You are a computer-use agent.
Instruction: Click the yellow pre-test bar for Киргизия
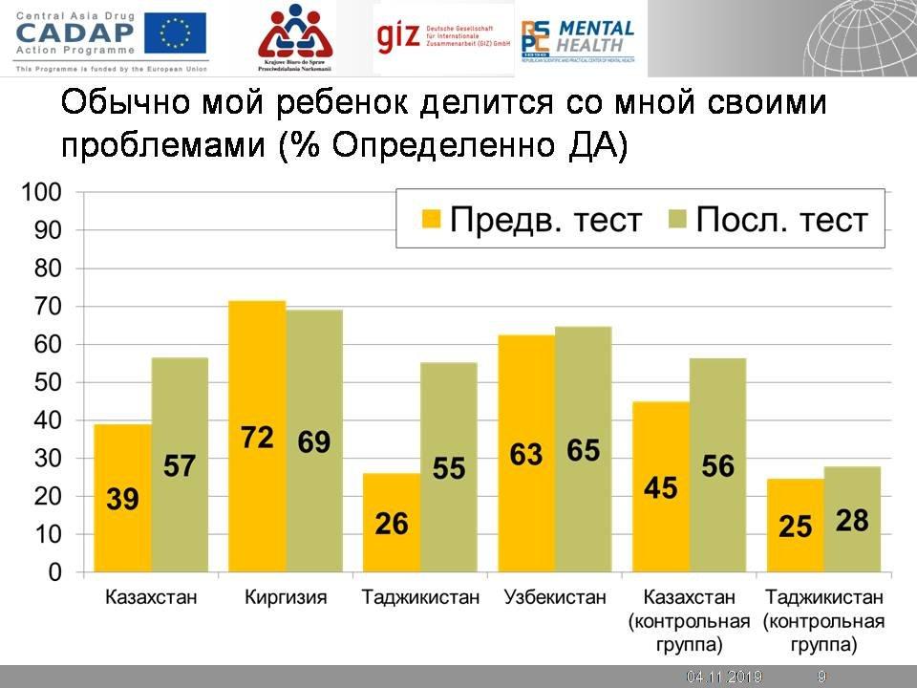pos(257,382)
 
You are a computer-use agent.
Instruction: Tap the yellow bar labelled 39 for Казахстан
pos(122,449)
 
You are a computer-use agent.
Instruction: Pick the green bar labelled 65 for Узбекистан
pos(583,401)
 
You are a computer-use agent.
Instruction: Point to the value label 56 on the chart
pos(717,464)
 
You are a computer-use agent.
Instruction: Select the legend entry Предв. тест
pos(531,220)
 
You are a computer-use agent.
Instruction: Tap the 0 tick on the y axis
pos(54,573)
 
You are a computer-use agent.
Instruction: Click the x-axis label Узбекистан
pos(555,599)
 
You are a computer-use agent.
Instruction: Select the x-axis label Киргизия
pos(286,599)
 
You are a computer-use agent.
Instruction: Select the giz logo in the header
pos(397,38)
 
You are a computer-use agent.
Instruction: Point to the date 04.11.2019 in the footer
pos(724,677)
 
